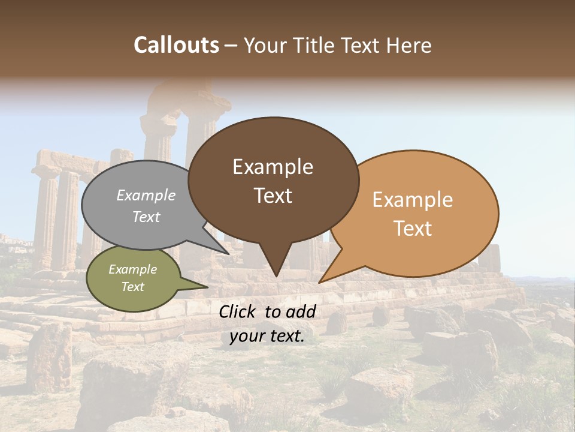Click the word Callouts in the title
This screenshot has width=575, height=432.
[176, 45]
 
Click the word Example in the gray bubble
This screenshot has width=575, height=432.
[146, 196]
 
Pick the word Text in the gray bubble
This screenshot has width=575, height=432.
[146, 217]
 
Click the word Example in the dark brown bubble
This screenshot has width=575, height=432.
[273, 167]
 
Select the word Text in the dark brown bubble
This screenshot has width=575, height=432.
[273, 196]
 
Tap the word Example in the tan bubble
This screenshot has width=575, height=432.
[413, 200]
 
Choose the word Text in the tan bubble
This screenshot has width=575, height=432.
[413, 229]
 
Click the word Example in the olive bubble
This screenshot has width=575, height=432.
[132, 269]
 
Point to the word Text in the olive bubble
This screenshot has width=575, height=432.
[132, 287]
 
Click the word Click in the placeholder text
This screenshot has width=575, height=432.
[238, 311]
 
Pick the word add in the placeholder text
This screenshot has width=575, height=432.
[301, 311]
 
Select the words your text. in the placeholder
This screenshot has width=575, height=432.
[267, 337]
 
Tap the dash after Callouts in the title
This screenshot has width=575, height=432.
[231, 46]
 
